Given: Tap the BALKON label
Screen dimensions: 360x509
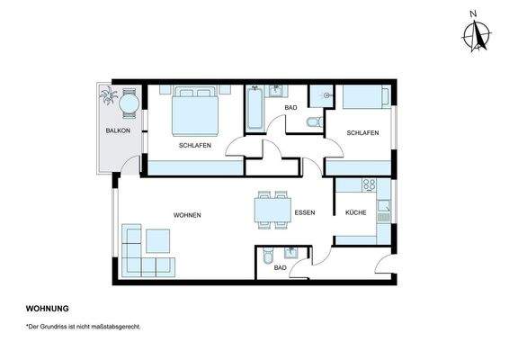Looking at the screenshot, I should tap(118, 131).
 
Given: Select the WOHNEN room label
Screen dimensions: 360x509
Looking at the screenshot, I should tap(187, 215).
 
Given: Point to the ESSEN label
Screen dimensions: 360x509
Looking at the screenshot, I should tap(304, 212).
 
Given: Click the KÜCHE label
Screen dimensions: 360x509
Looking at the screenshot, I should tap(356, 212).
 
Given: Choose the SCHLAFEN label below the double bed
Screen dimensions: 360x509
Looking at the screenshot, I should tap(194, 145).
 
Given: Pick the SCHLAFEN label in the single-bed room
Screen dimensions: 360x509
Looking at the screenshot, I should tap(362, 132).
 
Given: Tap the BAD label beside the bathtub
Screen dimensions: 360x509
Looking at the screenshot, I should tap(290, 108).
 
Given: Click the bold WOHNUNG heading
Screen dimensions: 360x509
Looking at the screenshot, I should tap(48, 308).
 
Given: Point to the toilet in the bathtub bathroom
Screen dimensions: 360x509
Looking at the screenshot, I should tap(313, 122).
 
